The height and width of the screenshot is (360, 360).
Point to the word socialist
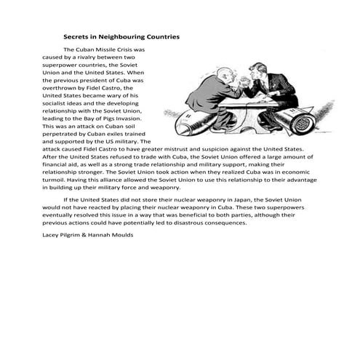(57, 103)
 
